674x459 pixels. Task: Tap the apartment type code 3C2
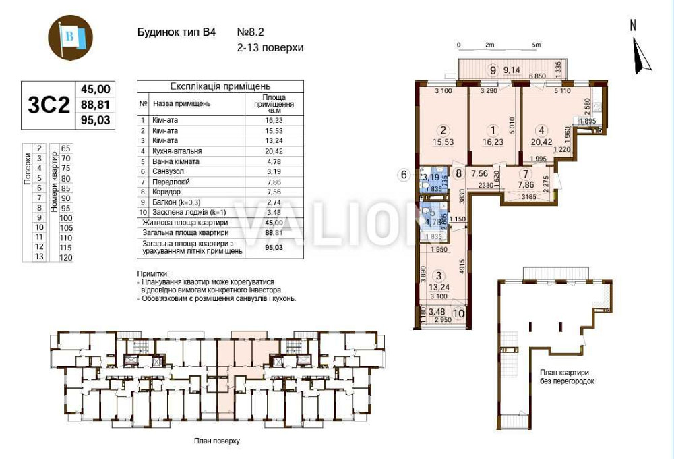tap(49, 105)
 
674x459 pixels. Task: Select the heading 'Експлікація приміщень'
tap(220, 86)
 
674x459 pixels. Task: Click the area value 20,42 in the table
tap(268, 151)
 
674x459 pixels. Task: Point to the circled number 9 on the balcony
tap(493, 70)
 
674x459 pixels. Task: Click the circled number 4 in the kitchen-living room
tap(541, 132)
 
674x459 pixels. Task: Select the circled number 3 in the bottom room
tap(439, 275)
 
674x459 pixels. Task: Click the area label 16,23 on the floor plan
tap(493, 142)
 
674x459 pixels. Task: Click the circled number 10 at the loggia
tap(459, 312)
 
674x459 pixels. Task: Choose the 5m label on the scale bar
tap(537, 45)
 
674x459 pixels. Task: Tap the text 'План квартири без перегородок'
tap(566, 377)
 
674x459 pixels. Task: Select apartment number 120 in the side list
tap(66, 257)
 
